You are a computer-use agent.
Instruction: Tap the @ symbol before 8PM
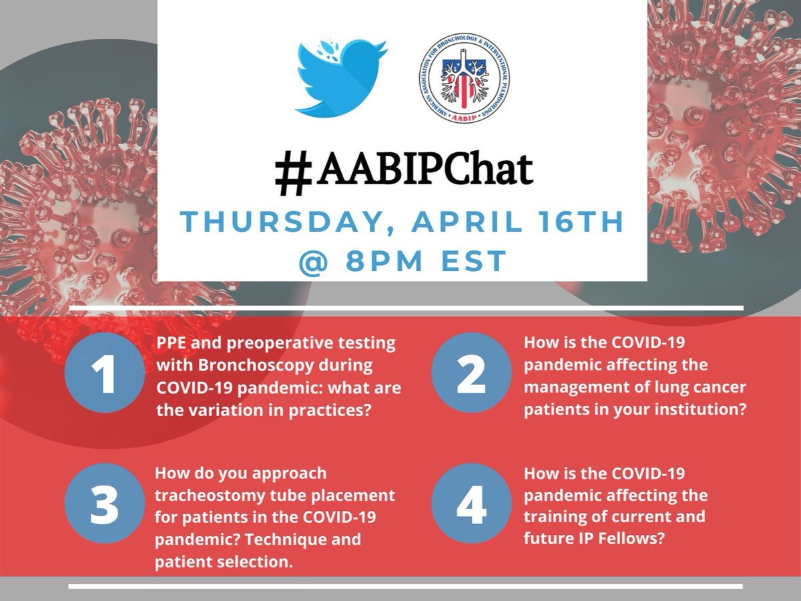click(314, 261)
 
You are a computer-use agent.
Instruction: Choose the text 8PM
click(384, 261)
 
